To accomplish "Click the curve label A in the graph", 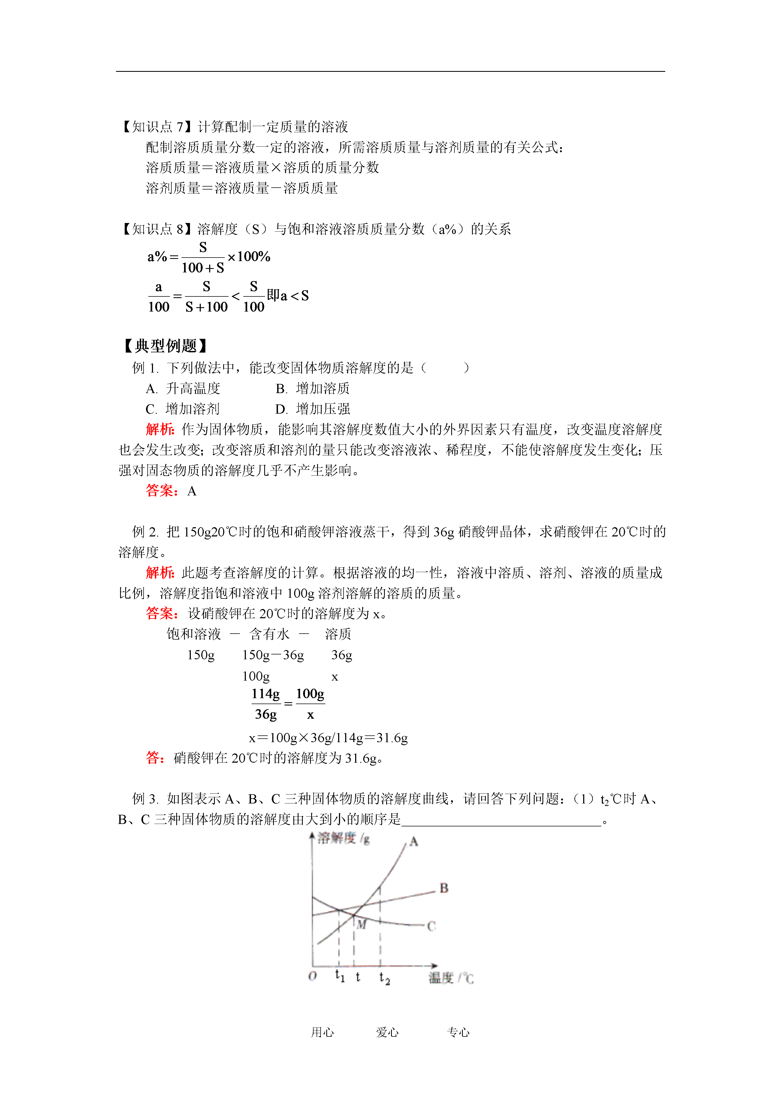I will click(x=414, y=842).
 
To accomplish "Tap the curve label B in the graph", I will click(x=444, y=888).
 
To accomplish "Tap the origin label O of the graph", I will click(x=312, y=976).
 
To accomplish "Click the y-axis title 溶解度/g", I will click(x=343, y=838).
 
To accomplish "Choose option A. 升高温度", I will click(x=183, y=388).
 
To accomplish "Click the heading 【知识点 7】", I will click(x=157, y=127).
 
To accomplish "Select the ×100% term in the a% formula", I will click(x=249, y=256).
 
